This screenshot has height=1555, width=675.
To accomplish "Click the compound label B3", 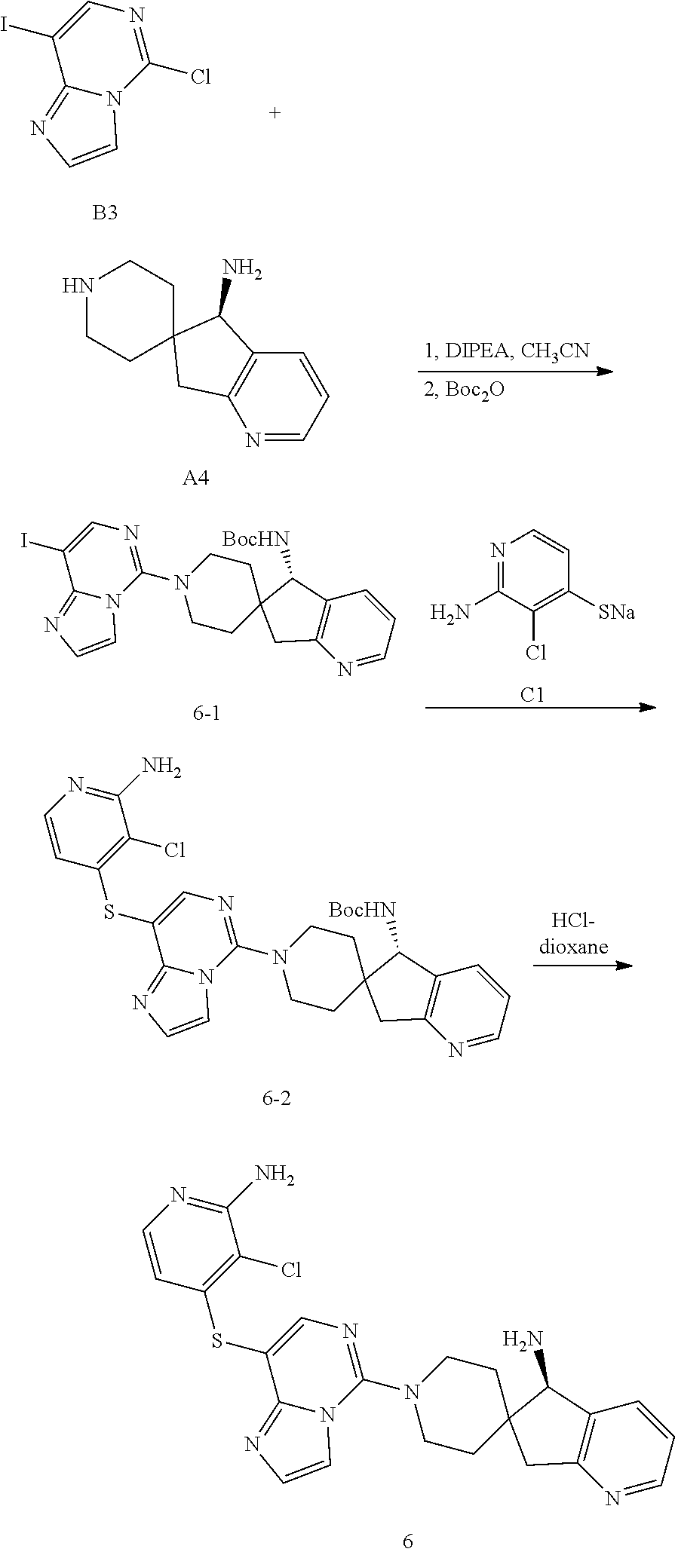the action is coord(106,213).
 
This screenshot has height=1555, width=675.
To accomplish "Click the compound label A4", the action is coord(196,478).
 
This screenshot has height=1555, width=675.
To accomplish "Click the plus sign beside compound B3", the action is coord(275,113).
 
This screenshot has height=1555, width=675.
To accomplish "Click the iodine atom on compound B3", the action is coord(6,27).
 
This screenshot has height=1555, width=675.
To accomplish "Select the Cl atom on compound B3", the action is coord(199,76).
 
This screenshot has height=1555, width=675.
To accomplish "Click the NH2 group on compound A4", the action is coord(241,269).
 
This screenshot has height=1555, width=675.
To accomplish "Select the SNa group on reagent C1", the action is coord(616,611).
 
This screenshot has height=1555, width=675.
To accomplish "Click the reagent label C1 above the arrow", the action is coord(532,696).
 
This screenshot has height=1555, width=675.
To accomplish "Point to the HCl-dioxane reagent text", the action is coord(579,935).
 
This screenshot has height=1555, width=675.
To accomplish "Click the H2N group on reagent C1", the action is coord(450,611).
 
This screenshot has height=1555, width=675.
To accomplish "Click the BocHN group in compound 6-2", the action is coord(362,911).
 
